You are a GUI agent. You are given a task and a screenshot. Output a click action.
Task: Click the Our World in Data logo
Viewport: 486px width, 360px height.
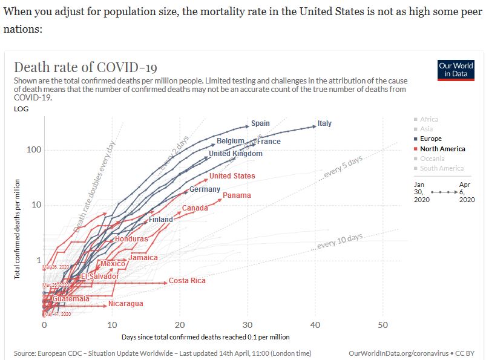click(x=456, y=70)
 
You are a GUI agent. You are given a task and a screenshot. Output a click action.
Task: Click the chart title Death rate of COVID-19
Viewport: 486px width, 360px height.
click(x=85, y=67)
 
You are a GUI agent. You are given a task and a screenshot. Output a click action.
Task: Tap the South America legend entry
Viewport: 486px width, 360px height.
click(x=442, y=168)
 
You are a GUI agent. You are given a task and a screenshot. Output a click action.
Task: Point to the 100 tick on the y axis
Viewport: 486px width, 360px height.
click(x=33, y=150)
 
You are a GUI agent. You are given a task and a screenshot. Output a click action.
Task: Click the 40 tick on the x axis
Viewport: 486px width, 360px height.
click(x=315, y=325)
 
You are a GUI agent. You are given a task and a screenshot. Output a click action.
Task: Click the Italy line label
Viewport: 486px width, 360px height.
click(x=325, y=123)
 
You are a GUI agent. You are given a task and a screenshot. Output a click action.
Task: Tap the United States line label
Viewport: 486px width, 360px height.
click(x=232, y=176)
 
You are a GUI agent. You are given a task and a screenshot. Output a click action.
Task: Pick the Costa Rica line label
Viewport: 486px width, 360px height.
click(x=187, y=281)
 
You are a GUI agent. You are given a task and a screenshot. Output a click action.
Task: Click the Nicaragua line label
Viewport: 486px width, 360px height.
click(x=126, y=304)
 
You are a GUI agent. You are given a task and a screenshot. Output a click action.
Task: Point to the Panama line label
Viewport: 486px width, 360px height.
click(x=237, y=195)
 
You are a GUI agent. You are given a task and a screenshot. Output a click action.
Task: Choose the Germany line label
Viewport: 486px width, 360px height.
click(x=205, y=189)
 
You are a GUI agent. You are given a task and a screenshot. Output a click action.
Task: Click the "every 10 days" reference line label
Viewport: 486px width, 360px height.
click(x=340, y=241)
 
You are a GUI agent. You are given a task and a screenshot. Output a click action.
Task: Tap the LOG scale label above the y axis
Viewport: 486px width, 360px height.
click(x=21, y=109)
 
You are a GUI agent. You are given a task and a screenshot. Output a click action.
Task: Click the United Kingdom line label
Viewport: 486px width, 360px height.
click(x=235, y=154)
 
